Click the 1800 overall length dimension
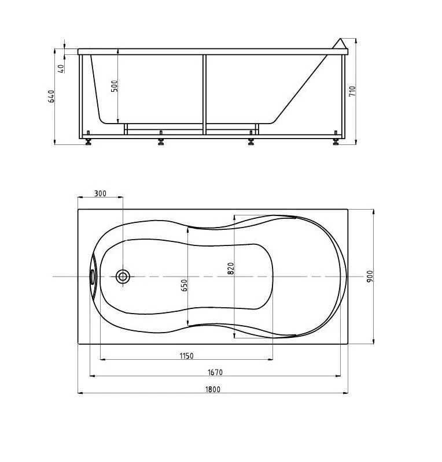pyautogui.click(x=213, y=389)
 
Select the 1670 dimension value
pyautogui.click(x=215, y=372)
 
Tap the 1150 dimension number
pyautogui.click(x=187, y=356)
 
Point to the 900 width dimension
pyautogui.click(x=370, y=276)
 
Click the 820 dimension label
pyautogui.click(x=231, y=268)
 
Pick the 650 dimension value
pyautogui.click(x=183, y=285)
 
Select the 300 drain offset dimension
pyautogui.click(x=100, y=193)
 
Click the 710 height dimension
pyautogui.click(x=352, y=91)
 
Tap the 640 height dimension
pyautogui.click(x=51, y=96)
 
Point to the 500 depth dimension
pyautogui.click(x=115, y=85)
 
